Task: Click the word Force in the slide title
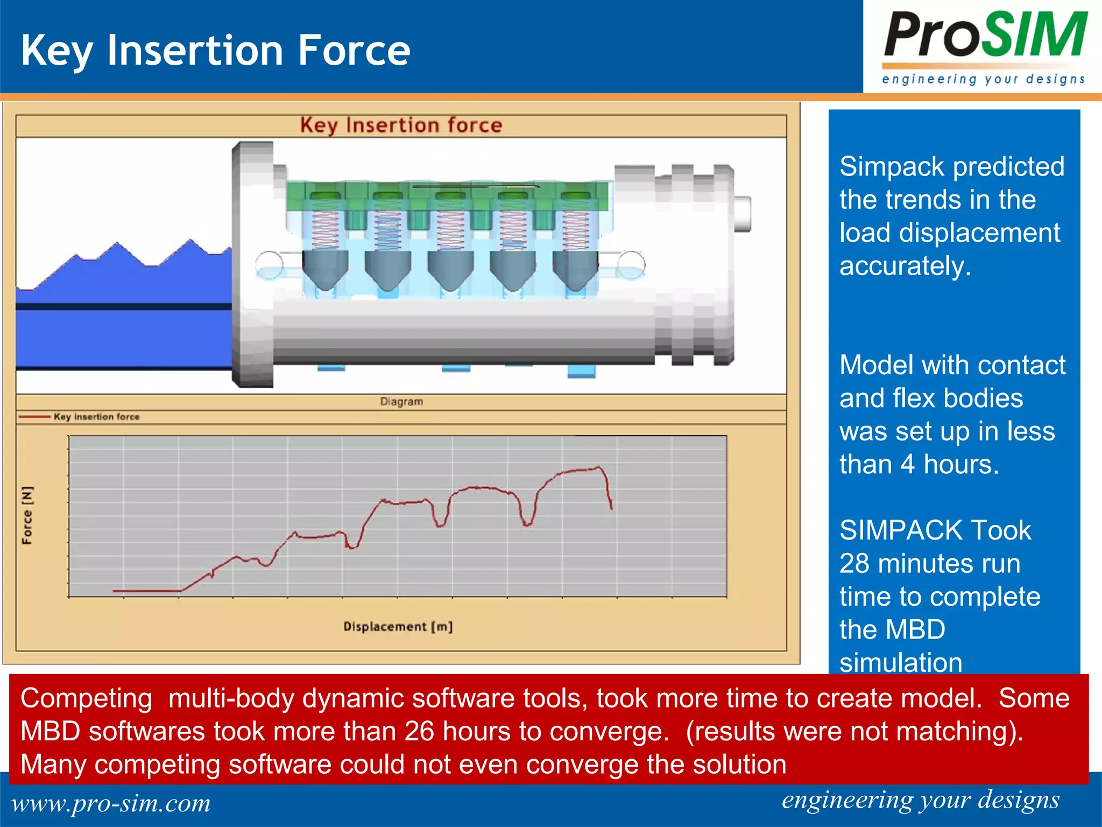click(x=354, y=51)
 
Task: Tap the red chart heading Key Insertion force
click(x=401, y=125)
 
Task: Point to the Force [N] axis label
click(x=27, y=515)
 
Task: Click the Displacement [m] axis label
click(x=398, y=627)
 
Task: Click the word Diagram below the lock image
click(x=401, y=402)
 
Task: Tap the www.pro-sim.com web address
click(x=111, y=803)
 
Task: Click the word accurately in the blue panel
click(x=905, y=266)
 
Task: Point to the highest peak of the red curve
click(x=598, y=468)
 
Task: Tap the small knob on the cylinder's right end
click(x=743, y=214)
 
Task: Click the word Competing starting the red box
click(x=86, y=698)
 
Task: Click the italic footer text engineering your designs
click(x=920, y=800)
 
